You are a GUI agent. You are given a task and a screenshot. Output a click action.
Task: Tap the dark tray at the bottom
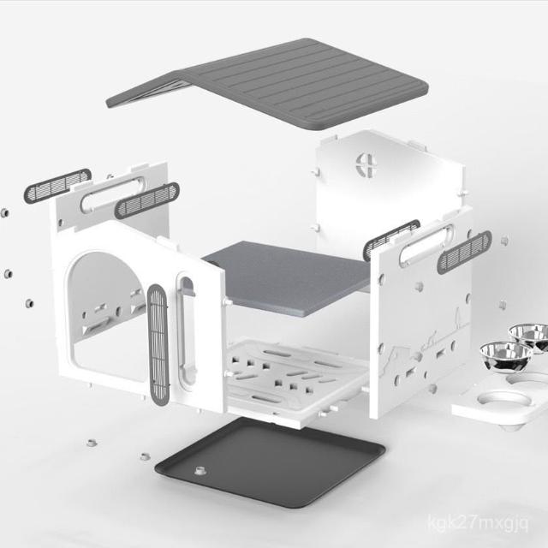(270, 462)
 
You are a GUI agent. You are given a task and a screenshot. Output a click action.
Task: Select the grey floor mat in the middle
(287, 277)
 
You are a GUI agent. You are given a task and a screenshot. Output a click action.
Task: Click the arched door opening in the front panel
(104, 314)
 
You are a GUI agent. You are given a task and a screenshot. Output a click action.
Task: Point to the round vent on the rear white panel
(366, 164)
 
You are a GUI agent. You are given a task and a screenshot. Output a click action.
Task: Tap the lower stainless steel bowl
(505, 356)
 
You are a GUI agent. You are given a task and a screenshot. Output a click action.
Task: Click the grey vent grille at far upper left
(57, 186)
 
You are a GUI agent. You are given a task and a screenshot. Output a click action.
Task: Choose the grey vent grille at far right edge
(464, 252)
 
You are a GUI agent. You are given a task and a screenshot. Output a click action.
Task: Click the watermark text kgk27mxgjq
(478, 523)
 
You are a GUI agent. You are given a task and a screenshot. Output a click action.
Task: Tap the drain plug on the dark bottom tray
(200, 470)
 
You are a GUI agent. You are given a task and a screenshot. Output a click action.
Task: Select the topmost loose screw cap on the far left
(4, 213)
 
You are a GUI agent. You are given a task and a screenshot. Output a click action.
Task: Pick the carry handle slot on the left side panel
(112, 194)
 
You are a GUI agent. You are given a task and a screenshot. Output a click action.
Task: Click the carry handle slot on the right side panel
(426, 246)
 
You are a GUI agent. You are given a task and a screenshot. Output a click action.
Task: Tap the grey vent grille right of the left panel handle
(146, 200)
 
